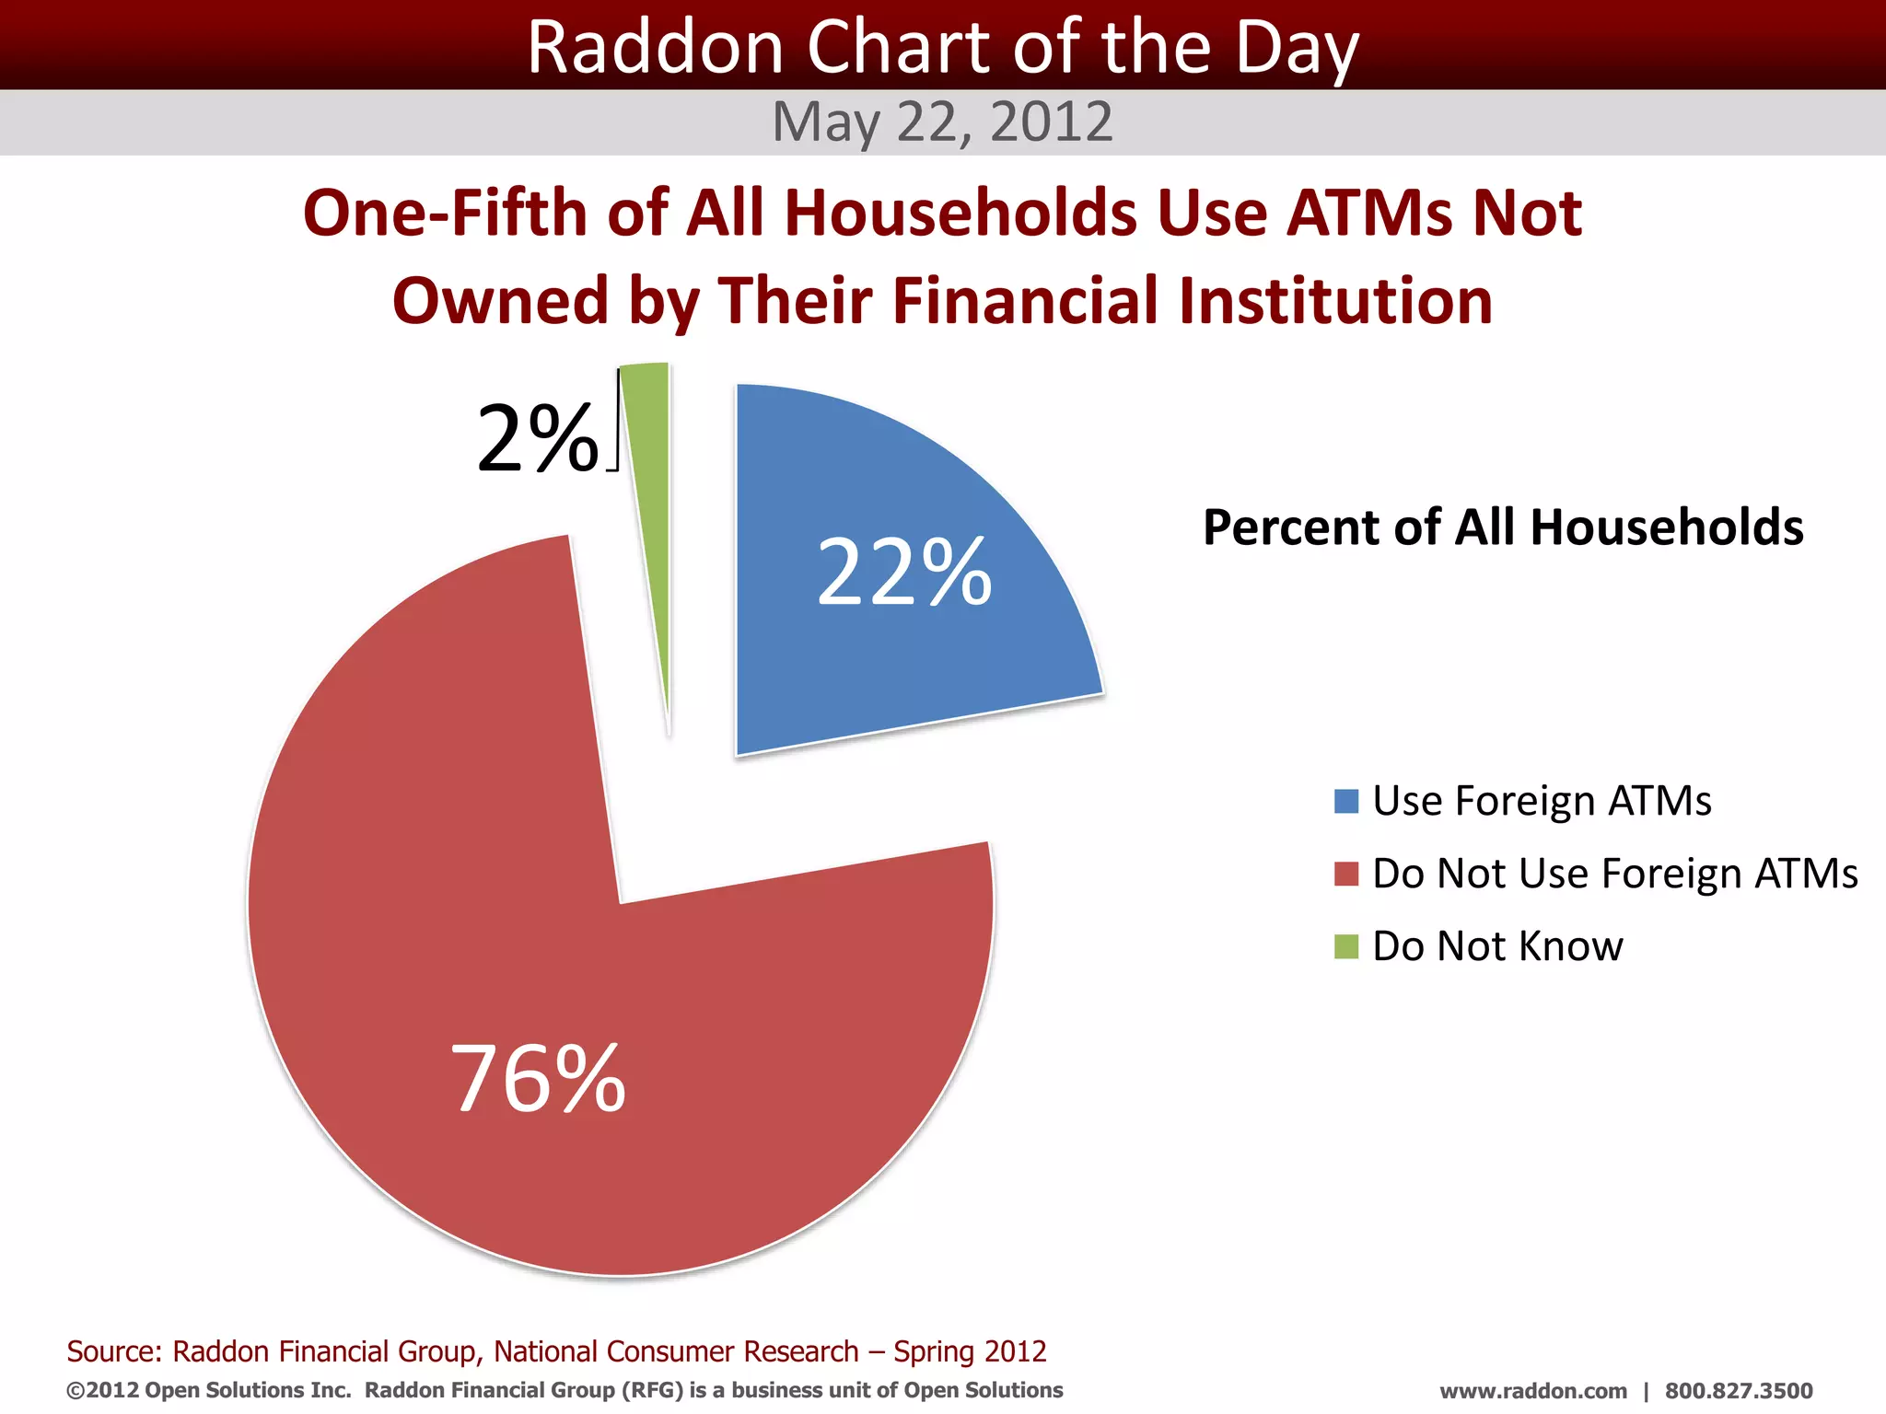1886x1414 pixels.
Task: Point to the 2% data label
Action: coord(537,440)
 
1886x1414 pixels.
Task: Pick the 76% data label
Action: coord(538,1078)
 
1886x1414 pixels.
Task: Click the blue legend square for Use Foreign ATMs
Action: coord(1346,801)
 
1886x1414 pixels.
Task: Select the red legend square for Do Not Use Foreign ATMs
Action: coord(1346,874)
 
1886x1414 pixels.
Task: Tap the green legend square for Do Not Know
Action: coord(1346,946)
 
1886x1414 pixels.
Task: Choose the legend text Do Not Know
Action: coord(1497,946)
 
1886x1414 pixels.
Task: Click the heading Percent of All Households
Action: coord(1503,527)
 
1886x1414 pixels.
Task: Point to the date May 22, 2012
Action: coord(942,122)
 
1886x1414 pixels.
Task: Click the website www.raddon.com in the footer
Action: coord(1532,1391)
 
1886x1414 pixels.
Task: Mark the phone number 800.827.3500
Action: coord(1739,1391)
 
